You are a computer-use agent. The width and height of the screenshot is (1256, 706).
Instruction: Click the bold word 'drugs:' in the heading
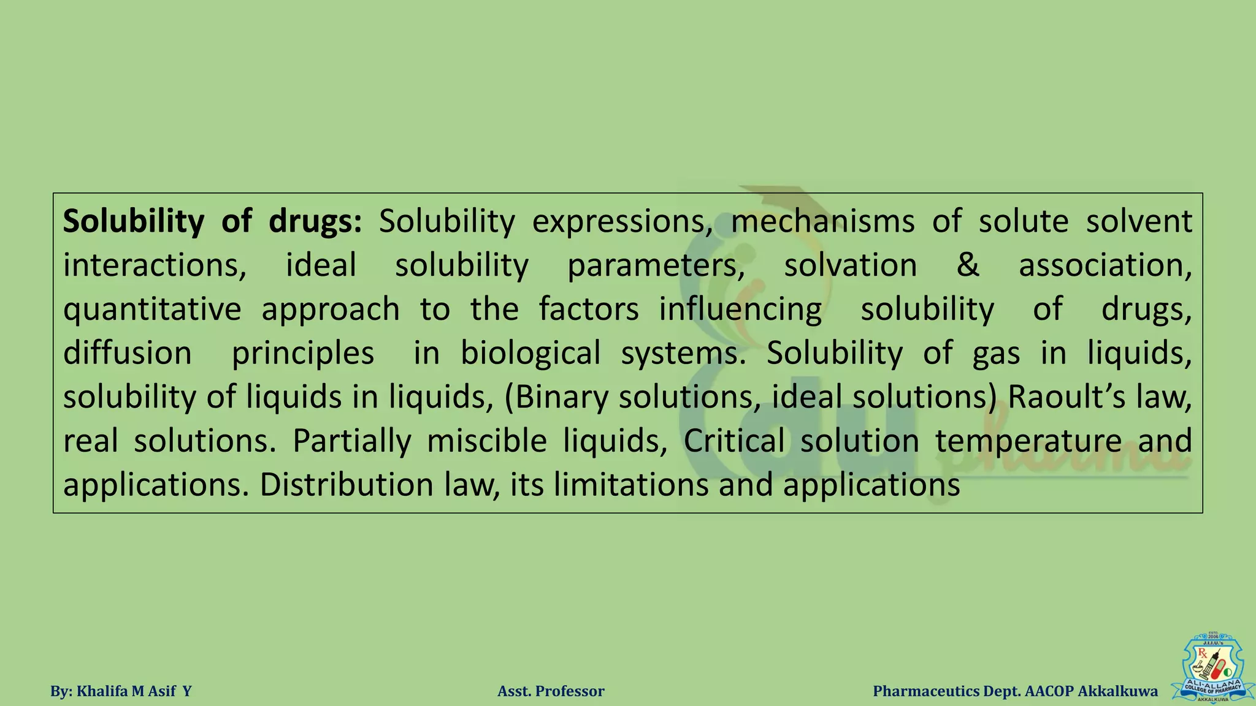(x=315, y=221)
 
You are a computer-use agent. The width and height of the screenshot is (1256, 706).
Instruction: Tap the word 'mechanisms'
(x=822, y=221)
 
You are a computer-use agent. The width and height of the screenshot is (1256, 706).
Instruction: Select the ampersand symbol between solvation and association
(x=968, y=265)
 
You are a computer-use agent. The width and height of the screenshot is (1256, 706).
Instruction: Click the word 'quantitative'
(x=152, y=309)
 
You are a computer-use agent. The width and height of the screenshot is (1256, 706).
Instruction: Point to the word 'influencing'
(x=740, y=309)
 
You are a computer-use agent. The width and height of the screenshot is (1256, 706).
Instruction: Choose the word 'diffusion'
(x=128, y=354)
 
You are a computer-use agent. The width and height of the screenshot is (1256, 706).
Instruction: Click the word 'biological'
(x=530, y=354)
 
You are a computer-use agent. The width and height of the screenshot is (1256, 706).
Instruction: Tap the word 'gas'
(x=996, y=354)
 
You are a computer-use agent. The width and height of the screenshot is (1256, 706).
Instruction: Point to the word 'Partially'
(x=351, y=441)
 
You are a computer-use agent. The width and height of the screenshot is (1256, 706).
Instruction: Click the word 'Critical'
(x=734, y=441)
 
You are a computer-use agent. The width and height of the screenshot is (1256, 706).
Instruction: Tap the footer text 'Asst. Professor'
(x=551, y=691)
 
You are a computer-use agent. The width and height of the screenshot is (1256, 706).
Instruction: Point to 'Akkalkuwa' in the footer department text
(x=1118, y=691)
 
